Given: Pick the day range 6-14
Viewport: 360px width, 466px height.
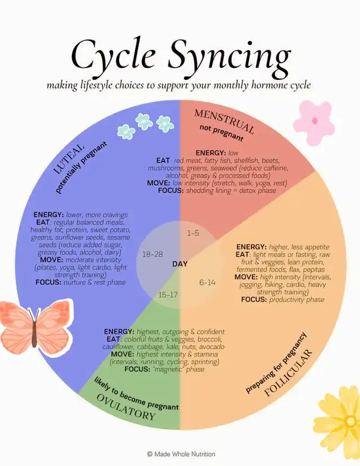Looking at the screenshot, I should click(207, 283).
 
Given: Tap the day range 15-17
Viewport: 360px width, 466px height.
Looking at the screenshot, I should click(168, 294).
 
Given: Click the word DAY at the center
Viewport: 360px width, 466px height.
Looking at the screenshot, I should click(180, 263).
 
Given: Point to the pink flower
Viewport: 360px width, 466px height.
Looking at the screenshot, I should click(314, 122).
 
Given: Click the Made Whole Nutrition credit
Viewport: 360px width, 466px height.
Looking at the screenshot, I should click(181, 454).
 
